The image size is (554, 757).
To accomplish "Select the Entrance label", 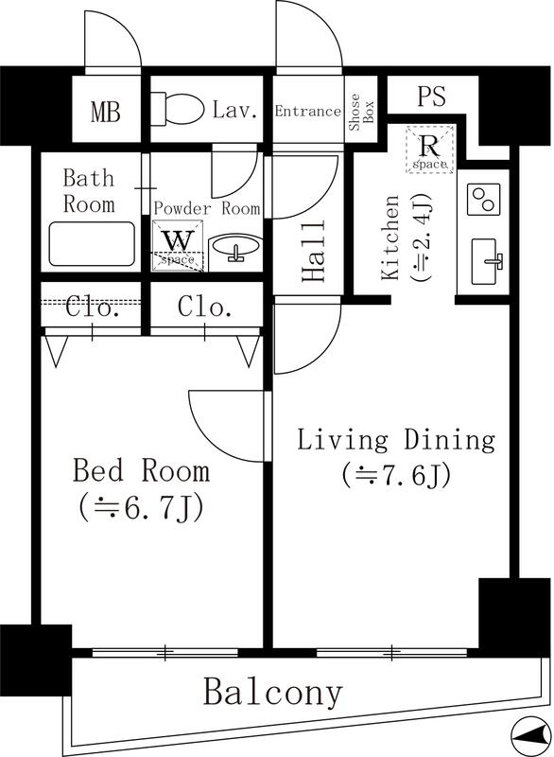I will point(307,112).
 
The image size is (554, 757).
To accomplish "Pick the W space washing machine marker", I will point(177,245).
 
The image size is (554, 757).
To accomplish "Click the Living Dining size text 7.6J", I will point(396,473).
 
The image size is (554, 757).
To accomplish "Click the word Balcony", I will point(272,693).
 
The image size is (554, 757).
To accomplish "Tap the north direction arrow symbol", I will point(528,732).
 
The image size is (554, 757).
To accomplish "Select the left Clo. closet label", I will point(93,307).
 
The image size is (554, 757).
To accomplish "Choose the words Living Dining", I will point(396,440).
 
